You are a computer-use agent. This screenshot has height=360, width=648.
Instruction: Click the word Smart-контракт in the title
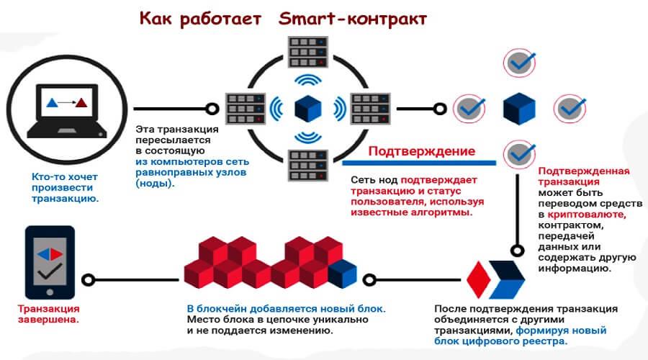tap(351, 19)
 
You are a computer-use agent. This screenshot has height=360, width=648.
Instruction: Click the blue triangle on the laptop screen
tap(52, 102)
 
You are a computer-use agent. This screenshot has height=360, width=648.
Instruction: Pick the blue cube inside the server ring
tap(308, 107)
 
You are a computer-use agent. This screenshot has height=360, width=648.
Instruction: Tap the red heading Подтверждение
tap(421, 151)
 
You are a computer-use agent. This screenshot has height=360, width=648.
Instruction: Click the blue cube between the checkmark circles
tap(519, 109)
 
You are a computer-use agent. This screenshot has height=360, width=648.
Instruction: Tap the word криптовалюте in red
tap(588, 215)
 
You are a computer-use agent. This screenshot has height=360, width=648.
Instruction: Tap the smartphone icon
tap(50, 262)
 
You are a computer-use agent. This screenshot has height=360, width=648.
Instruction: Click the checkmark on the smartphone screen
tap(50, 274)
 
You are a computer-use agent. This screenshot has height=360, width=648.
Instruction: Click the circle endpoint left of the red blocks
tap(89, 279)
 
